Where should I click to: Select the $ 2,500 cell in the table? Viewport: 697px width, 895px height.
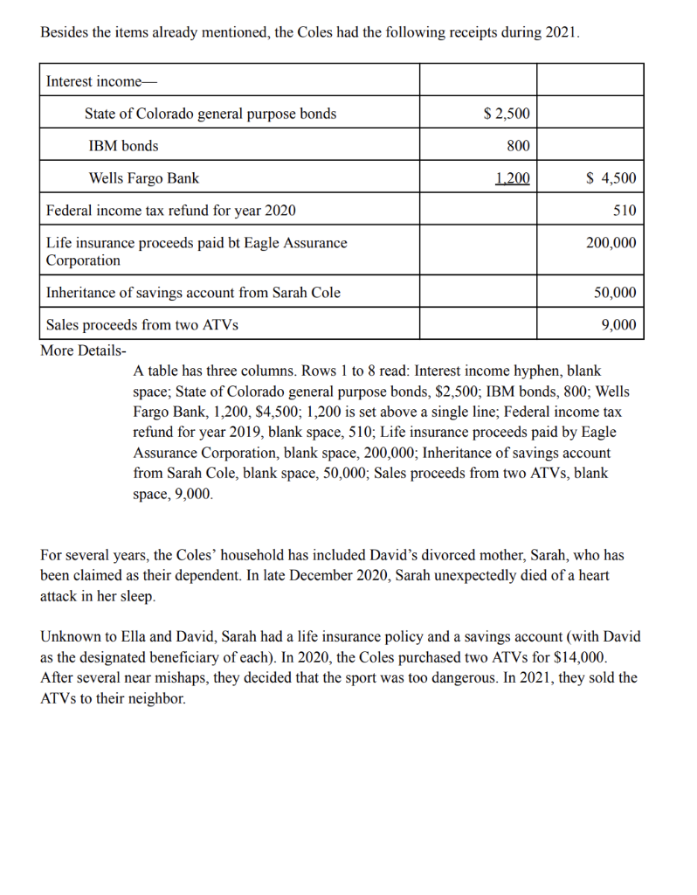point(507,114)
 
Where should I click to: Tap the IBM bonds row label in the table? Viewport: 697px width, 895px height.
point(123,146)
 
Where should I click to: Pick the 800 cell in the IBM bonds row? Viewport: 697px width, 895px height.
point(518,146)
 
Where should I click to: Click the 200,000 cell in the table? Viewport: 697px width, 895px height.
point(611,243)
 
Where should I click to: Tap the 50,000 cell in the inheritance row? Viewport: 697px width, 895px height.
point(615,293)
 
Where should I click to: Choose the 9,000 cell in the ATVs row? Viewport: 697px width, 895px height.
point(619,325)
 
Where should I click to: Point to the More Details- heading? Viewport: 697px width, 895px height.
point(84,350)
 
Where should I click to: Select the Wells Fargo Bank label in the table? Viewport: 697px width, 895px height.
point(144,178)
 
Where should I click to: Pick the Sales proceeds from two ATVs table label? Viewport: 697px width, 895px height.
point(141,325)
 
